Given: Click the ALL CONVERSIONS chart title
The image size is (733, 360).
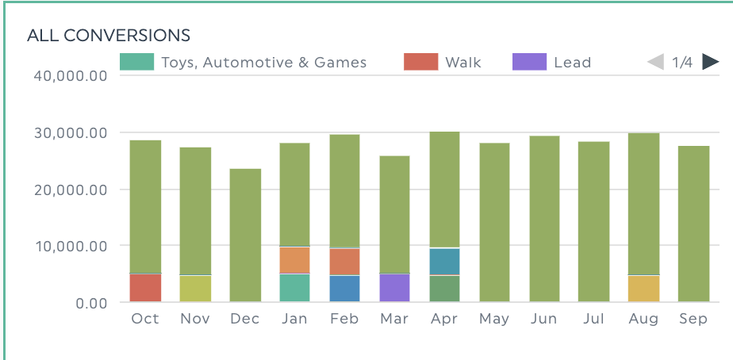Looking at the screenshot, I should click(109, 35).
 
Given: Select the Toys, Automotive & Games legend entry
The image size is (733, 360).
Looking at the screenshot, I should click(244, 62).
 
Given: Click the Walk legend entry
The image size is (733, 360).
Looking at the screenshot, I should click(443, 62).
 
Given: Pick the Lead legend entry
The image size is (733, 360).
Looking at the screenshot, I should click(552, 62).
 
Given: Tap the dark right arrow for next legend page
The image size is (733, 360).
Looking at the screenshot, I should click(710, 62).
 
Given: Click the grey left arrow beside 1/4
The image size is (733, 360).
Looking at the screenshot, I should click(656, 62).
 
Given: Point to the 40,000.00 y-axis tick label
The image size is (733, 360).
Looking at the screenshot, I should click(70, 76).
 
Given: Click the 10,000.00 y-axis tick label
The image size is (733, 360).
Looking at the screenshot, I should click(70, 246).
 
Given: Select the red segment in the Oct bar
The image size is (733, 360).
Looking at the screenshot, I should click(145, 288).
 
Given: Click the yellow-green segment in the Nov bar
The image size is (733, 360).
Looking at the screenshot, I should click(195, 289).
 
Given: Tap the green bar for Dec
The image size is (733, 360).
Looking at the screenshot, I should click(245, 236).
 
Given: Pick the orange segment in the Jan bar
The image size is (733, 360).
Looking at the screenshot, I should click(295, 260).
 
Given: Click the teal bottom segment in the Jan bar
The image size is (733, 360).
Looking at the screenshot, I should click(295, 288).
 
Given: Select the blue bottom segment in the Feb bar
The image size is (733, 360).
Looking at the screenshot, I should click(344, 289).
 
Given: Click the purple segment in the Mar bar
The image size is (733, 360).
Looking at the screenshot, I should click(394, 288).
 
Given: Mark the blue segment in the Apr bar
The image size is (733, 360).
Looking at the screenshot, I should click(444, 261).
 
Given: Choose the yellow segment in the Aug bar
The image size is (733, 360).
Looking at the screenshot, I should click(643, 289).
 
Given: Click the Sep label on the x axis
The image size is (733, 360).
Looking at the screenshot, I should click(693, 319).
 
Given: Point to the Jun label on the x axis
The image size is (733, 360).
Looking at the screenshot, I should click(543, 319).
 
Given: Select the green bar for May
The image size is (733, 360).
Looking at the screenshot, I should click(493, 222).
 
